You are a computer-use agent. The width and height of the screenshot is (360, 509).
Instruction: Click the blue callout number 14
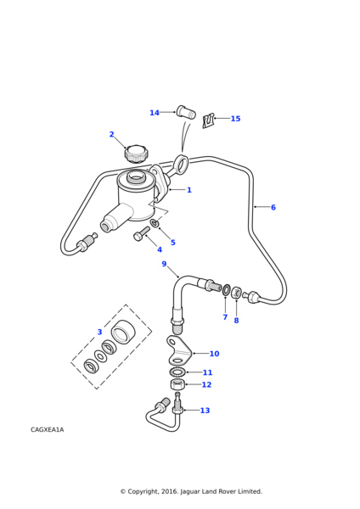point(155,113)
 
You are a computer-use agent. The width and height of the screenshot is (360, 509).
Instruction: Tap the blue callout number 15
point(235,119)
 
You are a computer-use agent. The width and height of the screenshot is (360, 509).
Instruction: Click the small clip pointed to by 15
point(209,120)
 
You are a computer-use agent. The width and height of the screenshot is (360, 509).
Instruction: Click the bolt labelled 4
point(142,233)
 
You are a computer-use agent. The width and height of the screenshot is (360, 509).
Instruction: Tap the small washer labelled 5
point(155,223)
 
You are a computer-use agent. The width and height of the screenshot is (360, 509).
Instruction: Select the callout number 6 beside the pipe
point(273,207)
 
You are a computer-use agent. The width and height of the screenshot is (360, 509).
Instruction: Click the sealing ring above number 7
point(226,290)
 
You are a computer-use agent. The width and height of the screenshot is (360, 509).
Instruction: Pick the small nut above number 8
point(236,293)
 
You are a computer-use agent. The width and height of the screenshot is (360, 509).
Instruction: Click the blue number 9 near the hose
point(164,264)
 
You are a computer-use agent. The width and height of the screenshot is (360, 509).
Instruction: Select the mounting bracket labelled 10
point(178,350)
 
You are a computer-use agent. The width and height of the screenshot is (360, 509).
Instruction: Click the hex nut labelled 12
point(177,385)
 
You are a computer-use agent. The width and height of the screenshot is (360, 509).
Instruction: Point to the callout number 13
point(205,411)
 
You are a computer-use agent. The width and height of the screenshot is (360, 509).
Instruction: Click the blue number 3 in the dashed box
point(99,332)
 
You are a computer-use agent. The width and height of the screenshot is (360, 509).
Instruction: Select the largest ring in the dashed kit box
point(122,331)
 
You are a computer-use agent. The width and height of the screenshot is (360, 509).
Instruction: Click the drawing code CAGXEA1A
point(47,429)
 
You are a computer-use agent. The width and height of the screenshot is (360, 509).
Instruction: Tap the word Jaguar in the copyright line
point(190,491)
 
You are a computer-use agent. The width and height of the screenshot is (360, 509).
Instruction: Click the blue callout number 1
point(189,189)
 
